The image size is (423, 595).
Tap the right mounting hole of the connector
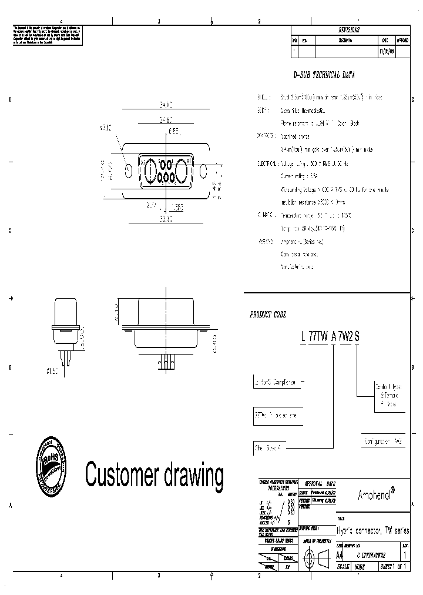pyautogui.click(x=204, y=171)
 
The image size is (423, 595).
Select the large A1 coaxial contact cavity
pyautogui.click(x=182, y=171)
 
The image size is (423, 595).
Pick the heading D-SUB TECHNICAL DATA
pyautogui.click(x=324, y=76)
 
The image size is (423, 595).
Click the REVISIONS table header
pyautogui.click(x=348, y=29)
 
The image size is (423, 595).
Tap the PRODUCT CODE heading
pyautogui.click(x=268, y=315)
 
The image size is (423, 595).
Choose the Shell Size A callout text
pyautogui.click(x=268, y=447)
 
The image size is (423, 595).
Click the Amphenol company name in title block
pyautogui.click(x=375, y=495)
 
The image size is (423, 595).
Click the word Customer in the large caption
pyautogui.click(x=119, y=473)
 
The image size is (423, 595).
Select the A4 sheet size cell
pyautogui.click(x=339, y=554)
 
